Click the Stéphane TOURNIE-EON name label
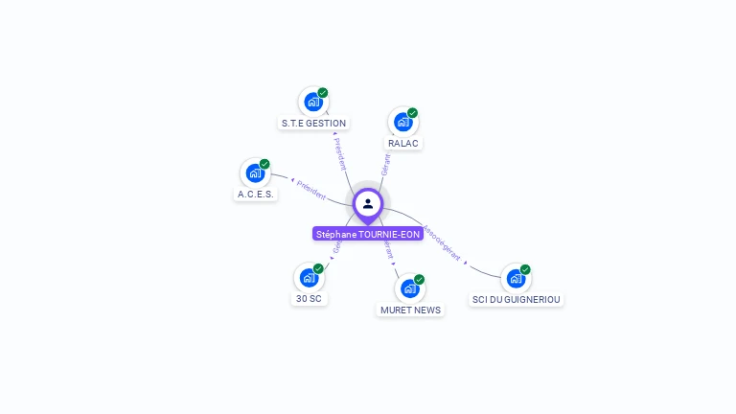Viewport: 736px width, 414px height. [368, 234]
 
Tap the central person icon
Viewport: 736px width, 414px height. [368, 203]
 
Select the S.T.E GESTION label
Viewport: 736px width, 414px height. [313, 123]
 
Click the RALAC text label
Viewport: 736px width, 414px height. [403, 143]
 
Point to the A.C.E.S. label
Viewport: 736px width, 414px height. [256, 194]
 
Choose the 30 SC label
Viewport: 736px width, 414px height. [309, 298]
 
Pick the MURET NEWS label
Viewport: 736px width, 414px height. [410, 310]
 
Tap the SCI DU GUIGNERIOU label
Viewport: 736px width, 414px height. [517, 299]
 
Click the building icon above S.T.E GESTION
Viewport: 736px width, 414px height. [312, 101]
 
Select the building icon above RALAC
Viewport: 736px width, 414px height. [402, 122]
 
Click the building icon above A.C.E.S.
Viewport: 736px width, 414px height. [254, 172]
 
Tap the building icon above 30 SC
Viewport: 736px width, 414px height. [308, 277]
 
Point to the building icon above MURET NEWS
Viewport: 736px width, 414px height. [409, 288]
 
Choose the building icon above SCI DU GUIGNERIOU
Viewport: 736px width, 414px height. [516, 278]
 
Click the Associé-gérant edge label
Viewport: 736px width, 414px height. [442, 243]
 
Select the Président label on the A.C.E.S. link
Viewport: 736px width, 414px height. [311, 190]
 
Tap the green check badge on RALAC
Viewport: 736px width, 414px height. [413, 113]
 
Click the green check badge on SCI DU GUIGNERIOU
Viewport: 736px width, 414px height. [525, 269]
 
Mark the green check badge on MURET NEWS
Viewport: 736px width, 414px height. [419, 280]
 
